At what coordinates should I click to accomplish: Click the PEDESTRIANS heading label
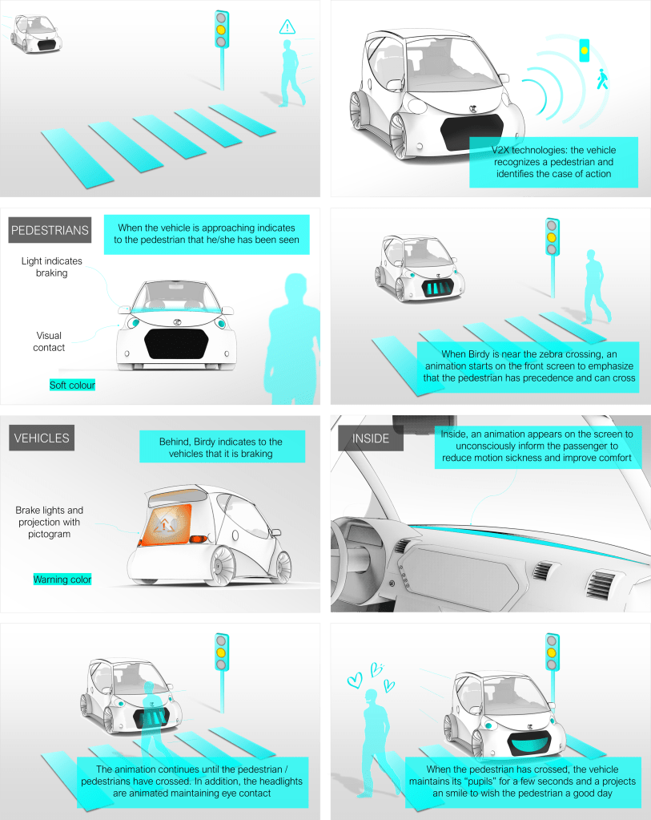pyautogui.click(x=50, y=230)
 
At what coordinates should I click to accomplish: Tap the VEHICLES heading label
pyautogui.click(x=42, y=438)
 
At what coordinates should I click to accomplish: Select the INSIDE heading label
pyautogui.click(x=371, y=438)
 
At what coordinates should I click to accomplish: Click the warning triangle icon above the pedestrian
pyautogui.click(x=287, y=26)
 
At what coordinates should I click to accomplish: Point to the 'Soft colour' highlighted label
pyautogui.click(x=72, y=385)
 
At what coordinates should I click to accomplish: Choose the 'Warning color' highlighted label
pyautogui.click(x=62, y=579)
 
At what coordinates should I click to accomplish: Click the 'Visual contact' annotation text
pyautogui.click(x=49, y=341)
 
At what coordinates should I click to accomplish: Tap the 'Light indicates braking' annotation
pyautogui.click(x=52, y=267)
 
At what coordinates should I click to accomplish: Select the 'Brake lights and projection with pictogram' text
pyautogui.click(x=49, y=522)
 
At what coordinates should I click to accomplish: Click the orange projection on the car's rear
pyautogui.click(x=166, y=524)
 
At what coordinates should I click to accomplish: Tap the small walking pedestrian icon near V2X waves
pyautogui.click(x=602, y=79)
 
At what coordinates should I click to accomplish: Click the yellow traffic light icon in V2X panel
pyautogui.click(x=584, y=50)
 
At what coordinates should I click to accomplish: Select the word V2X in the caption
pyautogui.click(x=500, y=150)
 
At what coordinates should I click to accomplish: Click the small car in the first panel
pyautogui.click(x=36, y=34)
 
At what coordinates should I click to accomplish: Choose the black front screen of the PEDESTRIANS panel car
pyautogui.click(x=177, y=344)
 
